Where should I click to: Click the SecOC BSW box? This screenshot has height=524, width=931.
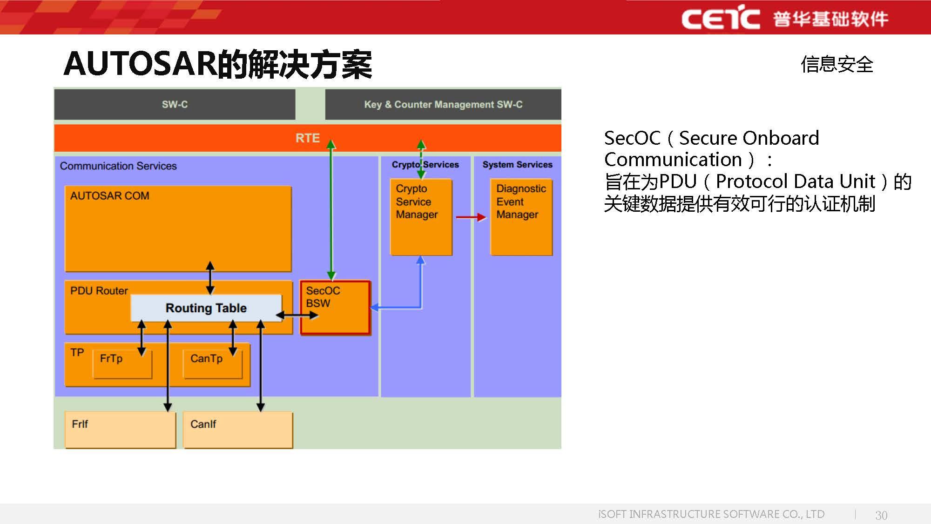[335, 307]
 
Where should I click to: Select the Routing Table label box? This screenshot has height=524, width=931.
[206, 308]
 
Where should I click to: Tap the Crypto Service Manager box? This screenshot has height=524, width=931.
[421, 217]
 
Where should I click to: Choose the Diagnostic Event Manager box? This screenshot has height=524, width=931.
[521, 217]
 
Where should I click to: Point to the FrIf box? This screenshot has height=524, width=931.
[120, 429]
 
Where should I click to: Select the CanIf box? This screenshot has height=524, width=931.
[238, 429]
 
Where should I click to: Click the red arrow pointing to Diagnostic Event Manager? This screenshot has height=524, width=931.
[471, 217]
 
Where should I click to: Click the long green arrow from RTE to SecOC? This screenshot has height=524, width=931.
[331, 209]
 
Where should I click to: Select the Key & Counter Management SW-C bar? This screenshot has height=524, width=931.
[443, 104]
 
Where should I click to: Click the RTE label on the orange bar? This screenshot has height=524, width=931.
[307, 138]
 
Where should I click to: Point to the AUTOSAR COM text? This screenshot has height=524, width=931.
[110, 195]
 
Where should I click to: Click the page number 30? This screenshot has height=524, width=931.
[881, 515]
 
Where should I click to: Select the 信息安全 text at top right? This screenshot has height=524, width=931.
[837, 64]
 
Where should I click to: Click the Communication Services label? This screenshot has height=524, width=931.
[118, 166]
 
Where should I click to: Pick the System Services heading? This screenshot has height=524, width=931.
[517, 164]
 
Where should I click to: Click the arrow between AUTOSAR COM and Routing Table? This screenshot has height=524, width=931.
[210, 278]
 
